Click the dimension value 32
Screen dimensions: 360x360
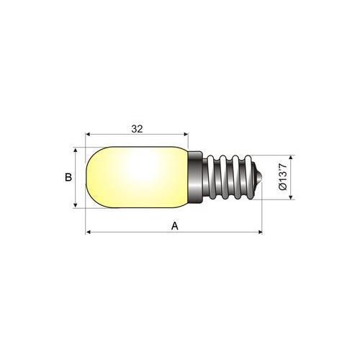[136, 130]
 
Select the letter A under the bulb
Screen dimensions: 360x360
[174, 225]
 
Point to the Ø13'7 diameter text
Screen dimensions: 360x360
[283, 177]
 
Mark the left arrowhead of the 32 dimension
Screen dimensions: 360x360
[89, 134]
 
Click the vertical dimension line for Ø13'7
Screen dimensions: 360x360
[290, 178]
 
